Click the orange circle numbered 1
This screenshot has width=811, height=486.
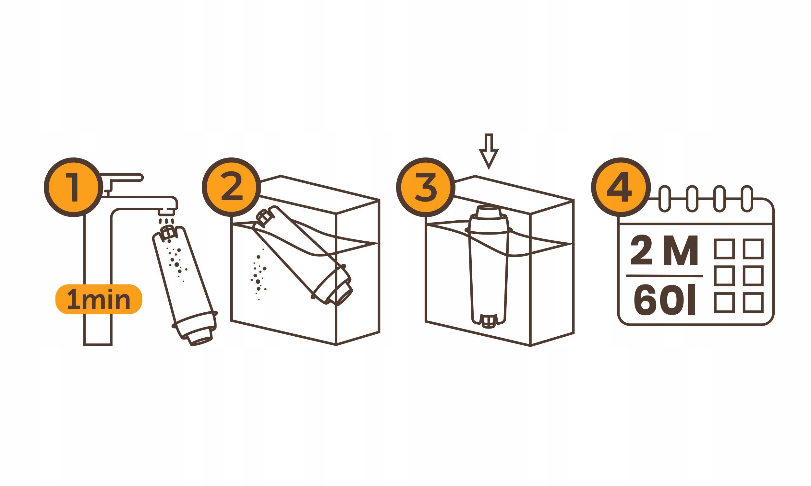click(73, 187)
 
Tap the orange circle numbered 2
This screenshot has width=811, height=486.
click(231, 187)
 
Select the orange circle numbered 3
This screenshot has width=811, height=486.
click(426, 187)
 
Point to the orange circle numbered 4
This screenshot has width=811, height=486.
click(621, 187)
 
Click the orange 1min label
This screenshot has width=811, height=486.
click(99, 299)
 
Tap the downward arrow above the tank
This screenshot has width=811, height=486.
click(489, 151)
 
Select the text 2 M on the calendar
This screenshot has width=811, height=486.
click(664, 250)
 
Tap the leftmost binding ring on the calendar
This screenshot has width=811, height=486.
click(664, 199)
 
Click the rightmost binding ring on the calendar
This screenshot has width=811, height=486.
click(747, 199)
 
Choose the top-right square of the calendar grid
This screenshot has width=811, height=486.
click(753, 249)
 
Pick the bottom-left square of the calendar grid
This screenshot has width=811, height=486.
click(724, 303)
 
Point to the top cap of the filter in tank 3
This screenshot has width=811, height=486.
click(489, 211)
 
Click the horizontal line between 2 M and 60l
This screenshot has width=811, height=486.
click(664, 276)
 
